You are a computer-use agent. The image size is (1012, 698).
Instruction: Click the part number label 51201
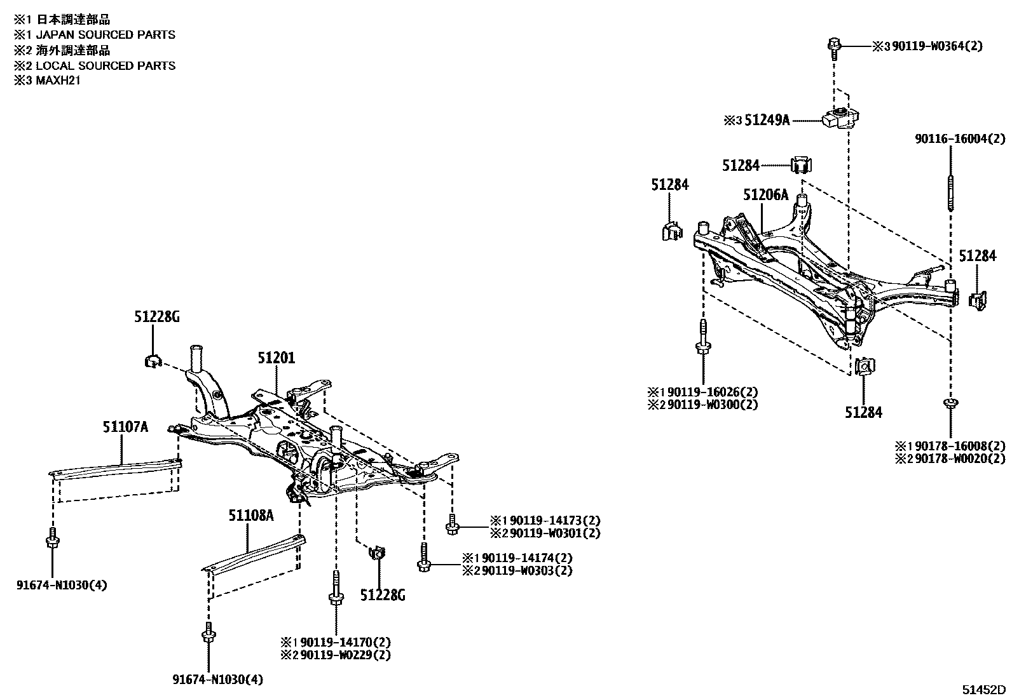pyautogui.click(x=277, y=358)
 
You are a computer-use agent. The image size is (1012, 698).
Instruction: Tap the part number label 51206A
pyautogui.click(x=765, y=195)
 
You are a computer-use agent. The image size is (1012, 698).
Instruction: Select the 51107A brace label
pyautogui.click(x=125, y=427)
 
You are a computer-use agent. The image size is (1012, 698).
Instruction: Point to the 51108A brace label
pyautogui.click(x=251, y=515)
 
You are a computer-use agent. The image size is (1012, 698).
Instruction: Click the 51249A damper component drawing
pyautogui.click(x=840, y=118)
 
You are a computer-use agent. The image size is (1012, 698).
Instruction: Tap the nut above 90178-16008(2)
pyautogui.click(x=950, y=403)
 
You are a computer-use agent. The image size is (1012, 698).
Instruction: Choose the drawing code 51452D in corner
pyautogui.click(x=983, y=690)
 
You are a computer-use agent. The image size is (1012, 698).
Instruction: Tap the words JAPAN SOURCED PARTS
pyautogui.click(x=105, y=35)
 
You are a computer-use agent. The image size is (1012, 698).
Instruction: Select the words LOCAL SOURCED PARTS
pyautogui.click(x=105, y=65)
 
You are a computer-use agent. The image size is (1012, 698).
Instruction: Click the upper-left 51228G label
pyautogui.click(x=156, y=316)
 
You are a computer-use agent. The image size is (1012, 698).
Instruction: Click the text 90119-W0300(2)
pyautogui.click(x=711, y=404)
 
